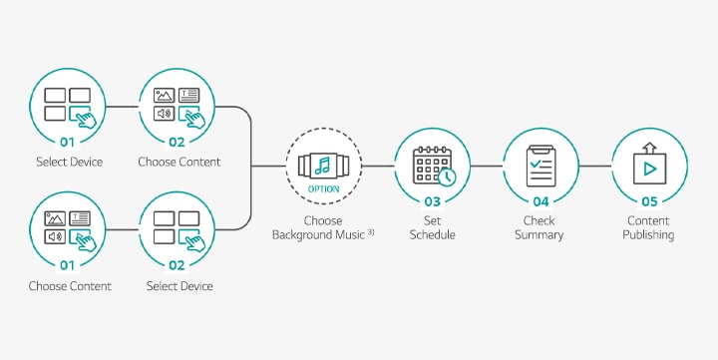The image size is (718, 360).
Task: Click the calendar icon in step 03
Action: (432, 165)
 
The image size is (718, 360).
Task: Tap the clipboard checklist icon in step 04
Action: (538, 165)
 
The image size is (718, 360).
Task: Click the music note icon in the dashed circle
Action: (323, 164)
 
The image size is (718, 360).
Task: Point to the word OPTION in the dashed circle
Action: (323, 188)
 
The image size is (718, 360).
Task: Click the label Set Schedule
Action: (432, 227)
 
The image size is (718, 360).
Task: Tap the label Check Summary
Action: (538, 227)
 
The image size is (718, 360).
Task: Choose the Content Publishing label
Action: (648, 227)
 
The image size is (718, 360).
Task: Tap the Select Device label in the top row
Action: (69, 162)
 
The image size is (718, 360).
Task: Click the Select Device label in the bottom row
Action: (179, 286)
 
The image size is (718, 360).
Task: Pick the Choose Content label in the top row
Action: (179, 162)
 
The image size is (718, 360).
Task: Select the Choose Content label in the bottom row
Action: (70, 286)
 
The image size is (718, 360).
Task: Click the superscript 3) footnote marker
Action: (370, 232)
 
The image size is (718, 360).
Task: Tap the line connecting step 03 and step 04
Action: (485, 166)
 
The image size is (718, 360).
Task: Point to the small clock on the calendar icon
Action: (448, 177)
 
